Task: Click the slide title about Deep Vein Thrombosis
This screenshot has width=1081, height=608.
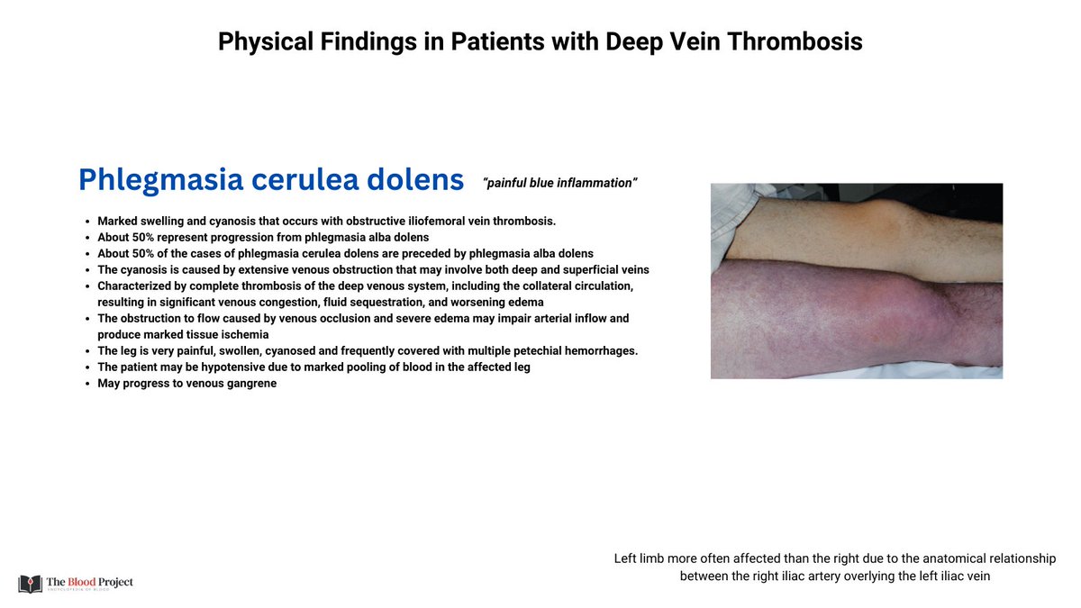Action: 540,41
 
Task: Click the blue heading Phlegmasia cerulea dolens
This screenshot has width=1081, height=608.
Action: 270,179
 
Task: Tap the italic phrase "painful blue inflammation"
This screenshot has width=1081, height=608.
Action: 560,183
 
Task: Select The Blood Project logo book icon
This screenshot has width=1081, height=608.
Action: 30,583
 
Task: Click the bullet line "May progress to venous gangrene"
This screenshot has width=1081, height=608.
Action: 187,383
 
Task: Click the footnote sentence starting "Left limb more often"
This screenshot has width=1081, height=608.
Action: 834,567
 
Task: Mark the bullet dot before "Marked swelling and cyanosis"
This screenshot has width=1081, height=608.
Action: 85,222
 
